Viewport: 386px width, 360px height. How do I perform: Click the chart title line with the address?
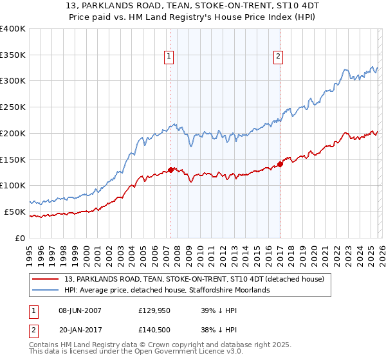[x=193, y=6]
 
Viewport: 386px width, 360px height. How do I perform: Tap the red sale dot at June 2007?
[x=170, y=170]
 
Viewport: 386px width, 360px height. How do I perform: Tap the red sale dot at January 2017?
[x=280, y=164]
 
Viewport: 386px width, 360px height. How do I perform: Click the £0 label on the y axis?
[x=21, y=238]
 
